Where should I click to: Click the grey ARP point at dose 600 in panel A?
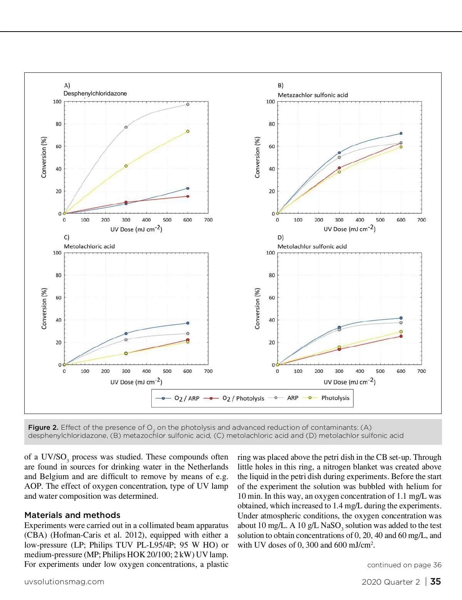tap(187, 104)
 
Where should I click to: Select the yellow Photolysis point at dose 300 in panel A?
tap(126, 166)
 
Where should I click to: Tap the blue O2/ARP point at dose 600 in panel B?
tap(401, 134)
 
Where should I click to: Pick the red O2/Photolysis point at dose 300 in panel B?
tap(339, 168)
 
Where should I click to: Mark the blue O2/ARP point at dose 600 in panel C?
tap(187, 323)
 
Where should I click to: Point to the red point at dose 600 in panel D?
tap(401, 336)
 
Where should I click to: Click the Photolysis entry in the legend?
tap(335, 398)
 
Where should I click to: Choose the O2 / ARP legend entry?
tap(186, 398)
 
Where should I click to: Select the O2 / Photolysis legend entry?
tap(243, 398)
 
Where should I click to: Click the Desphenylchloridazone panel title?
tap(95, 94)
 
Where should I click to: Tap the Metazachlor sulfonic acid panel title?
tap(313, 95)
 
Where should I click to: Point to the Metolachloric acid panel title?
tap(89, 246)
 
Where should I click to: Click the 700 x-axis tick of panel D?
tap(422, 371)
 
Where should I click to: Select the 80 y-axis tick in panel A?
tap(58, 124)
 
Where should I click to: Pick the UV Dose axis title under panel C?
tap(136, 382)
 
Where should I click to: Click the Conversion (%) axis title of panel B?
tap(257, 157)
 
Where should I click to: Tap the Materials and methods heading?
tap(72, 515)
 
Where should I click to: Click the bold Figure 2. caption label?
tap(43, 427)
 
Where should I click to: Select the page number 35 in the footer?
tap(435, 582)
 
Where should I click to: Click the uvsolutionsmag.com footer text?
tap(64, 582)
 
